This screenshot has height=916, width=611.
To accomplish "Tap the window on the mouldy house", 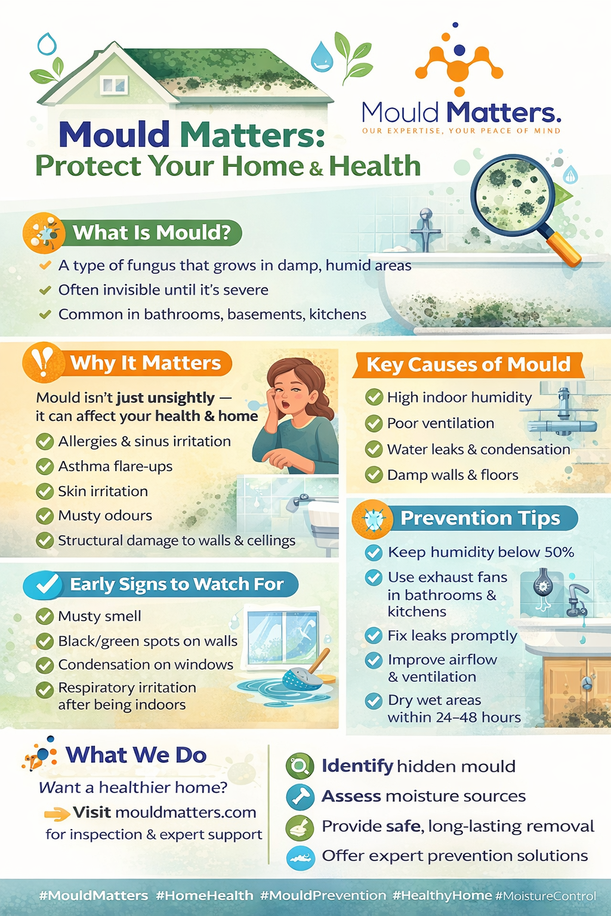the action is click(x=114, y=85).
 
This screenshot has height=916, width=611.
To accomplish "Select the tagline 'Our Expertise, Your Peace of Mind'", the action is click(x=461, y=131).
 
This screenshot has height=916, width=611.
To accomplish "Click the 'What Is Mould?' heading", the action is click(x=152, y=233).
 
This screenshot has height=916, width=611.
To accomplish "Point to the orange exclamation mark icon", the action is click(x=44, y=362).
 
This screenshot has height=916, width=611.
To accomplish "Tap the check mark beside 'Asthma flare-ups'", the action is click(x=45, y=466).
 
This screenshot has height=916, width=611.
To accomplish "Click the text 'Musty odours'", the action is click(x=105, y=516).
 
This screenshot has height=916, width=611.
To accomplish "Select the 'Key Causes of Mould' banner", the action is click(x=468, y=365).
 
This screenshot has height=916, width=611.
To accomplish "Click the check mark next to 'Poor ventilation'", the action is click(x=374, y=423).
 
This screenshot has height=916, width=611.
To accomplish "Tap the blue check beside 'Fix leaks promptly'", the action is click(x=374, y=636).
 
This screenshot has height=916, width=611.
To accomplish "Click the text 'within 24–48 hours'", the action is click(x=454, y=717).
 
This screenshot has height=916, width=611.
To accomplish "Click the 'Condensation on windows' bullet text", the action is click(x=146, y=664).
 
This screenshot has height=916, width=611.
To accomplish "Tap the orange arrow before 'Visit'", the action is click(x=57, y=814).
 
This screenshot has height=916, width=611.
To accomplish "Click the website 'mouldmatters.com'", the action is click(x=186, y=812).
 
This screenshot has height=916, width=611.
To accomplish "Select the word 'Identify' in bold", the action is click(x=357, y=766).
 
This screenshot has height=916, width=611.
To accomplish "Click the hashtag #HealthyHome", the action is click(x=442, y=895).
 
